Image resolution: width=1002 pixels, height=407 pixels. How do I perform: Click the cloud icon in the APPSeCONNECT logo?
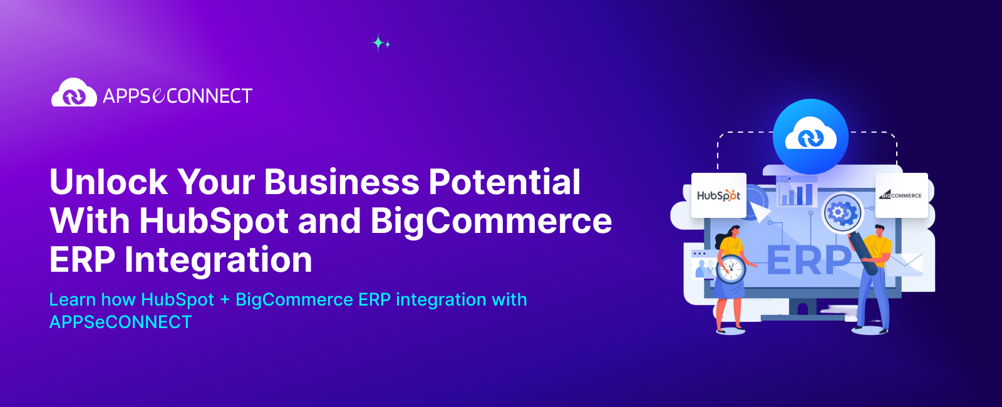pyautogui.click(x=74, y=93)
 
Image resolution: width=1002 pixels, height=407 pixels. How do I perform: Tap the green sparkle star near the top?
pyautogui.click(x=378, y=42)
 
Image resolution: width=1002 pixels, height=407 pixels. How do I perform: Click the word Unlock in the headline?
pyautogui.click(x=108, y=182)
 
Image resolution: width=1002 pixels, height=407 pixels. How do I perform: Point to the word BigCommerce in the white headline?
pyautogui.click(x=491, y=221)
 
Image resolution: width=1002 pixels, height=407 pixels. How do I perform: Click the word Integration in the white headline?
pyautogui.click(x=218, y=260)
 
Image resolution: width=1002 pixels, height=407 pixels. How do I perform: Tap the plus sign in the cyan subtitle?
pyautogui.click(x=225, y=300)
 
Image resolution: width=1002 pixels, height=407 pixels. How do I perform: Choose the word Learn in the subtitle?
pyautogui.click(x=72, y=300)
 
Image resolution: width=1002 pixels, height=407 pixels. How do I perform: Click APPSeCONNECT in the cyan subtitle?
pyautogui.click(x=120, y=322)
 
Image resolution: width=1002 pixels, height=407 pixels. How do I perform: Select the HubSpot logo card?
pyautogui.click(x=718, y=195)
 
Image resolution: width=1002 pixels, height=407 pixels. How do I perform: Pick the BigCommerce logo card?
pyautogui.click(x=901, y=195)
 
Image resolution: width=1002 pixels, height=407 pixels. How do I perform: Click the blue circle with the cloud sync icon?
pyautogui.click(x=810, y=137)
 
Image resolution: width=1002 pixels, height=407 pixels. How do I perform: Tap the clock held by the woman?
pyautogui.click(x=731, y=269)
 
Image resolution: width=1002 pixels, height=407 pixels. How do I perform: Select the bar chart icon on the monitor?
pyautogui.click(x=796, y=193)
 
